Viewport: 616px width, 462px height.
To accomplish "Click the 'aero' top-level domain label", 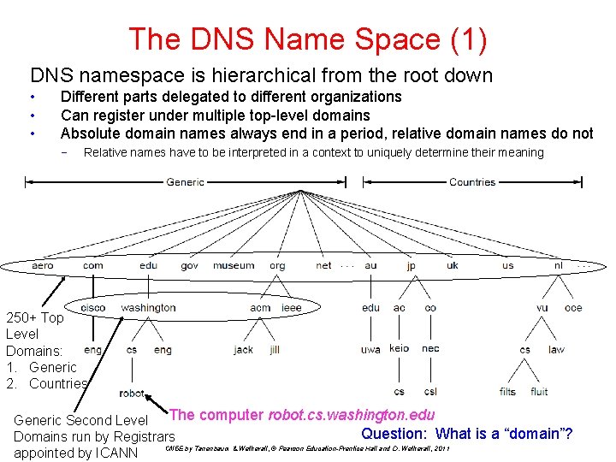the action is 42,265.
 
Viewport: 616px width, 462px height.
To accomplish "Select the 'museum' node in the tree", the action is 234,265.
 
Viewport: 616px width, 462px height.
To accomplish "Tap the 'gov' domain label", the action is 189,265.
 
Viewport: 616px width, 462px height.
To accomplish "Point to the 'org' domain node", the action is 277,265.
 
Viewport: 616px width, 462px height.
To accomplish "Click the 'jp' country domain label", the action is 412,265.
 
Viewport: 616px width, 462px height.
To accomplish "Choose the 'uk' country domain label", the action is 453,265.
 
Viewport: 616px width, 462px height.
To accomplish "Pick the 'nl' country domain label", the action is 559,265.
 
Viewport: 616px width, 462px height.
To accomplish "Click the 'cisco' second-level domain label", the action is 93,307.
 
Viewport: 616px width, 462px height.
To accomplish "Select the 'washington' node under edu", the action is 148,307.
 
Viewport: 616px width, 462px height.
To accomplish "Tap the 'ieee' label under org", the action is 291,307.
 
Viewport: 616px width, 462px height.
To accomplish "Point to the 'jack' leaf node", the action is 243,350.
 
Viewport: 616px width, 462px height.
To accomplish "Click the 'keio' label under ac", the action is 399,349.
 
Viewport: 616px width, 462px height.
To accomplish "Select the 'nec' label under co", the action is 430,349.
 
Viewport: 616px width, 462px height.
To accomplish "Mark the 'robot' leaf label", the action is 132,393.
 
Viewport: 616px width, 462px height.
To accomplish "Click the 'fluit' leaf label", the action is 539,392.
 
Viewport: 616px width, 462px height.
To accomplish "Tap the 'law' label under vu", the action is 556,349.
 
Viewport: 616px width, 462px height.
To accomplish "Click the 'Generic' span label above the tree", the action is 185,182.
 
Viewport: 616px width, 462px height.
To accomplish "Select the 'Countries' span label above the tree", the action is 472,182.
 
